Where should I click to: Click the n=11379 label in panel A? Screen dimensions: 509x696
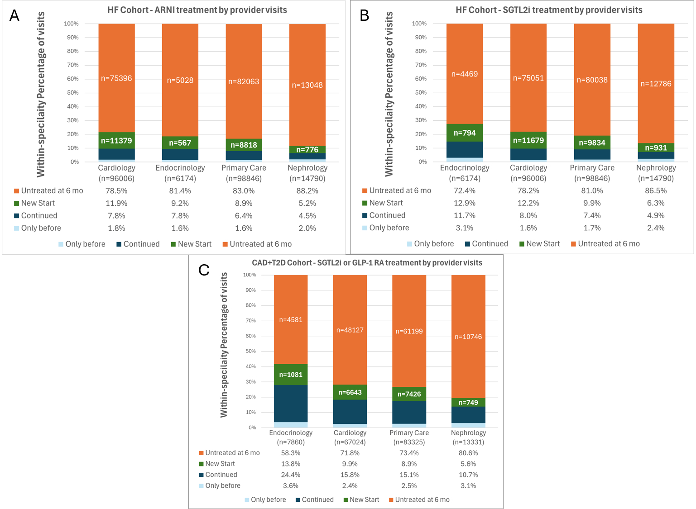[x=116, y=141]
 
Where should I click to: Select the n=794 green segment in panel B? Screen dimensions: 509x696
[x=465, y=133]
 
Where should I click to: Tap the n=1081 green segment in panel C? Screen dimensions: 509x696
[x=291, y=375]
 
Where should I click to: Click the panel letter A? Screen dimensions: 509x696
[x=14, y=16]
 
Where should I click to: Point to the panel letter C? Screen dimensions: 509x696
[x=204, y=270]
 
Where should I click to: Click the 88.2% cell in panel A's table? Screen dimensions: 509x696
[x=307, y=191]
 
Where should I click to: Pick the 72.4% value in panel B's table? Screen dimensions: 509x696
[x=465, y=190]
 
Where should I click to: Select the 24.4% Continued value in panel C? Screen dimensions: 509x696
[x=291, y=475]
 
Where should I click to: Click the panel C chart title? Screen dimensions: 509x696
[x=367, y=263]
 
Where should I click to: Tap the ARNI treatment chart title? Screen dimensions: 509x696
[x=197, y=10]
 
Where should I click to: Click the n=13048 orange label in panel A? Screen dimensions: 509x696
[x=307, y=85]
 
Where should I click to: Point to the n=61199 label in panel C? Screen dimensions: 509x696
[x=409, y=331]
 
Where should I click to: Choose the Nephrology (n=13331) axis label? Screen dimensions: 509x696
[x=468, y=438]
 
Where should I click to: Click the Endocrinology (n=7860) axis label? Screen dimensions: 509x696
[x=291, y=438]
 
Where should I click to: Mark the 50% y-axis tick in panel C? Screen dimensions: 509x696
[x=250, y=351]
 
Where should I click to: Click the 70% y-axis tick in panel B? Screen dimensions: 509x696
[x=419, y=65]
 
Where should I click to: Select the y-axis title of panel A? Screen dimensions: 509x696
[x=41, y=94]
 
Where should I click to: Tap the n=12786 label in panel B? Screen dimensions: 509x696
[x=656, y=84]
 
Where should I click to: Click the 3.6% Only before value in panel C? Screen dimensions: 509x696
[x=291, y=485]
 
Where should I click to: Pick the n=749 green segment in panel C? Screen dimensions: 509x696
[x=468, y=402]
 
